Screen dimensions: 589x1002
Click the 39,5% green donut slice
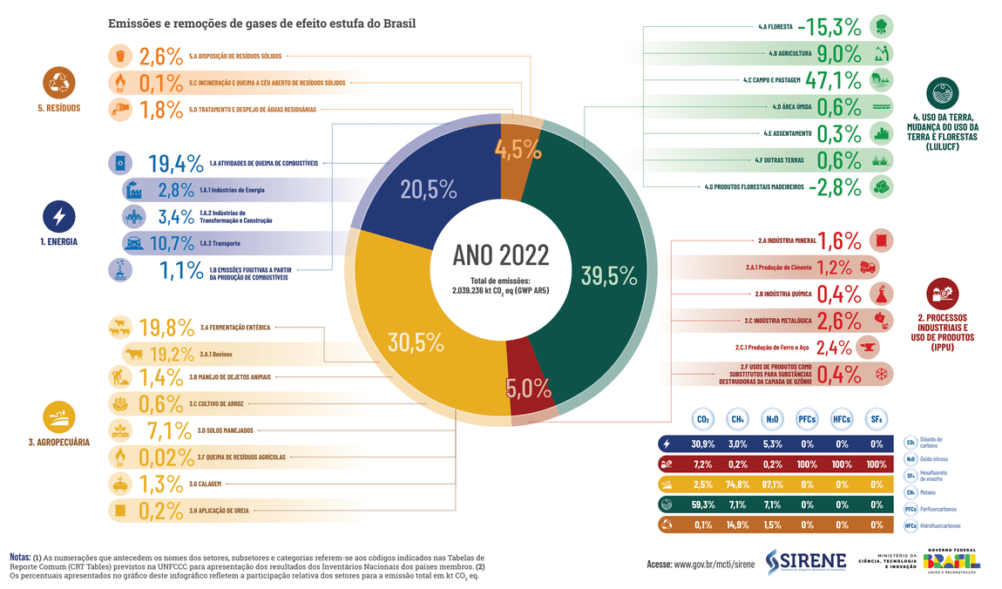[x=601, y=261]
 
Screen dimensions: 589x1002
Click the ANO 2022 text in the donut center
[x=501, y=254]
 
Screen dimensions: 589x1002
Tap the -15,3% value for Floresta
[x=831, y=25]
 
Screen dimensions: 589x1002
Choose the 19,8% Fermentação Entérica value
[x=166, y=328]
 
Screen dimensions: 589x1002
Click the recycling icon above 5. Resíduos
[x=58, y=83]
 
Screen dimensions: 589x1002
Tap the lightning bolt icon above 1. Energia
[x=58, y=215]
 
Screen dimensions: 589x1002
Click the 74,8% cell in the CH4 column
[x=737, y=484]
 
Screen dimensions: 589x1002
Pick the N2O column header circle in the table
[x=772, y=419]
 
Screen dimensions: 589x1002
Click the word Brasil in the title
[x=396, y=24]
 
